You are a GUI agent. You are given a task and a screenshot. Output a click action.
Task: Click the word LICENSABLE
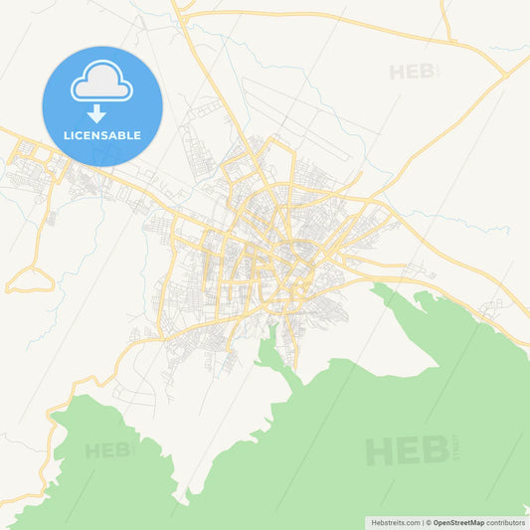[x=102, y=135]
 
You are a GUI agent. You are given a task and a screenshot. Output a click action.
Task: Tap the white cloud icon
[x=101, y=85]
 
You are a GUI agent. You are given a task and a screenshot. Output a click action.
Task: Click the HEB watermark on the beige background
[x=412, y=72]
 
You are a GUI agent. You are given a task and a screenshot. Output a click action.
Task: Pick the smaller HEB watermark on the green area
[x=108, y=450]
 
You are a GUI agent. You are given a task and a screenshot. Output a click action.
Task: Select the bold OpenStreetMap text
[x=458, y=522]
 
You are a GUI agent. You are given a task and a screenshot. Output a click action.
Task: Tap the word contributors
[x=506, y=522]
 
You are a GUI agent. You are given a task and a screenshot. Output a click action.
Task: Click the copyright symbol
[x=429, y=522]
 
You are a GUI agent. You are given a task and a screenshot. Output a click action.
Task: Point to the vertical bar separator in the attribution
[x=422, y=522]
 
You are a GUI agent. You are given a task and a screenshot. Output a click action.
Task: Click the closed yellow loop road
[x=30, y=280]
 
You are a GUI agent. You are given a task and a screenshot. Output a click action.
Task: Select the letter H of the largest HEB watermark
[x=380, y=450]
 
